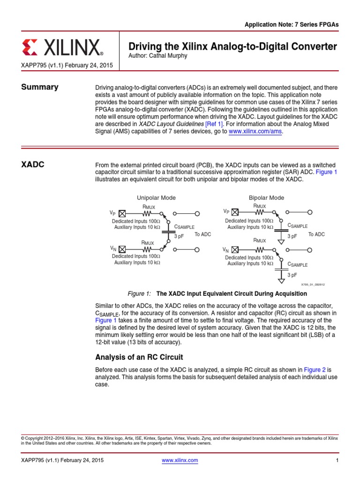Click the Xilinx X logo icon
30,47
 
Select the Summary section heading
39,87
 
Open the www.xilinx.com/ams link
255,132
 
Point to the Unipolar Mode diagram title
156,198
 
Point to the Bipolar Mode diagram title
266,198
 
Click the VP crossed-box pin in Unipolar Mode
121,213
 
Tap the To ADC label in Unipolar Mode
203,234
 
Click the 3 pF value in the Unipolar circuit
179,236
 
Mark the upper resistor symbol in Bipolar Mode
259,211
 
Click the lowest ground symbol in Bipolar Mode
281,281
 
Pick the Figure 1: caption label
139,294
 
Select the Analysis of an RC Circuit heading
139,357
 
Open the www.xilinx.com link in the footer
180,460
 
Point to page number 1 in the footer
337,460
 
